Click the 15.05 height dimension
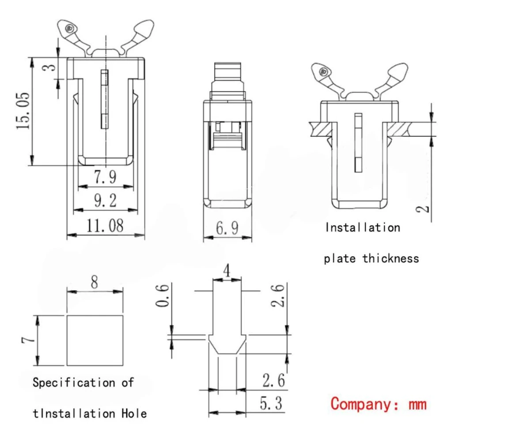pyautogui.click(x=24, y=110)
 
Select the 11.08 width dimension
pyautogui.click(x=105, y=226)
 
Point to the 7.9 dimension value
pyautogui.click(x=105, y=177)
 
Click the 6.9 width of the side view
pyautogui.click(x=227, y=228)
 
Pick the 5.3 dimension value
pyautogui.click(x=271, y=403)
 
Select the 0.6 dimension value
pyautogui.click(x=163, y=297)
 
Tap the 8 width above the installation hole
pyautogui.click(x=95, y=283)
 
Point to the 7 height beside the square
pyautogui.click(x=27, y=341)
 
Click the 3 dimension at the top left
pyautogui.click(x=51, y=67)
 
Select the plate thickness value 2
pyautogui.click(x=424, y=207)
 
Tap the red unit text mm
pyautogui.click(x=416, y=403)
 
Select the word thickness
pyautogui.click(x=391, y=258)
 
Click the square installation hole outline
pyautogui.click(x=95, y=341)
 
